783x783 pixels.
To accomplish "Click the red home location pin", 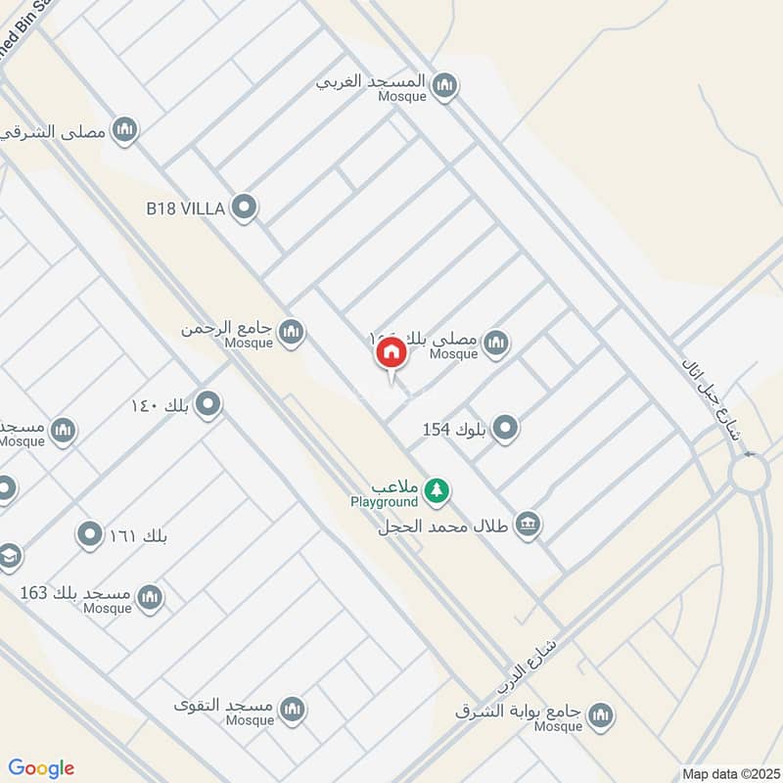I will click(391, 353).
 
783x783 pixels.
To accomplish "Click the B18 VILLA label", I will click(186, 207).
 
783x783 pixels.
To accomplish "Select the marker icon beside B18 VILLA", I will click(245, 207).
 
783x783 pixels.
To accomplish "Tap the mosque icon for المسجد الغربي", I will click(445, 86).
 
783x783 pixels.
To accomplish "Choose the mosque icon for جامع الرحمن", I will click(291, 334).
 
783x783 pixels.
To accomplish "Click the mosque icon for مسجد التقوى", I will click(292, 710).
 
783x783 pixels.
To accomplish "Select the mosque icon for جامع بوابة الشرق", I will click(602, 715).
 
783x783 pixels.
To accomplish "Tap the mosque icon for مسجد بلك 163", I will click(150, 597).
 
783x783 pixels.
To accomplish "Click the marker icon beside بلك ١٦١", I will click(90, 535).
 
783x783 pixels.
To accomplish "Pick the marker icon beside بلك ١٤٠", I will click(207, 404).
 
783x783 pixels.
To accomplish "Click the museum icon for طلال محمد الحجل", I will click(529, 525).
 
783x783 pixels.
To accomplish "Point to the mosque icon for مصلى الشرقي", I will click(124, 130).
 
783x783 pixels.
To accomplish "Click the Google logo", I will click(41, 768).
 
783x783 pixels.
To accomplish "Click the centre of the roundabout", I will click(750, 477).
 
